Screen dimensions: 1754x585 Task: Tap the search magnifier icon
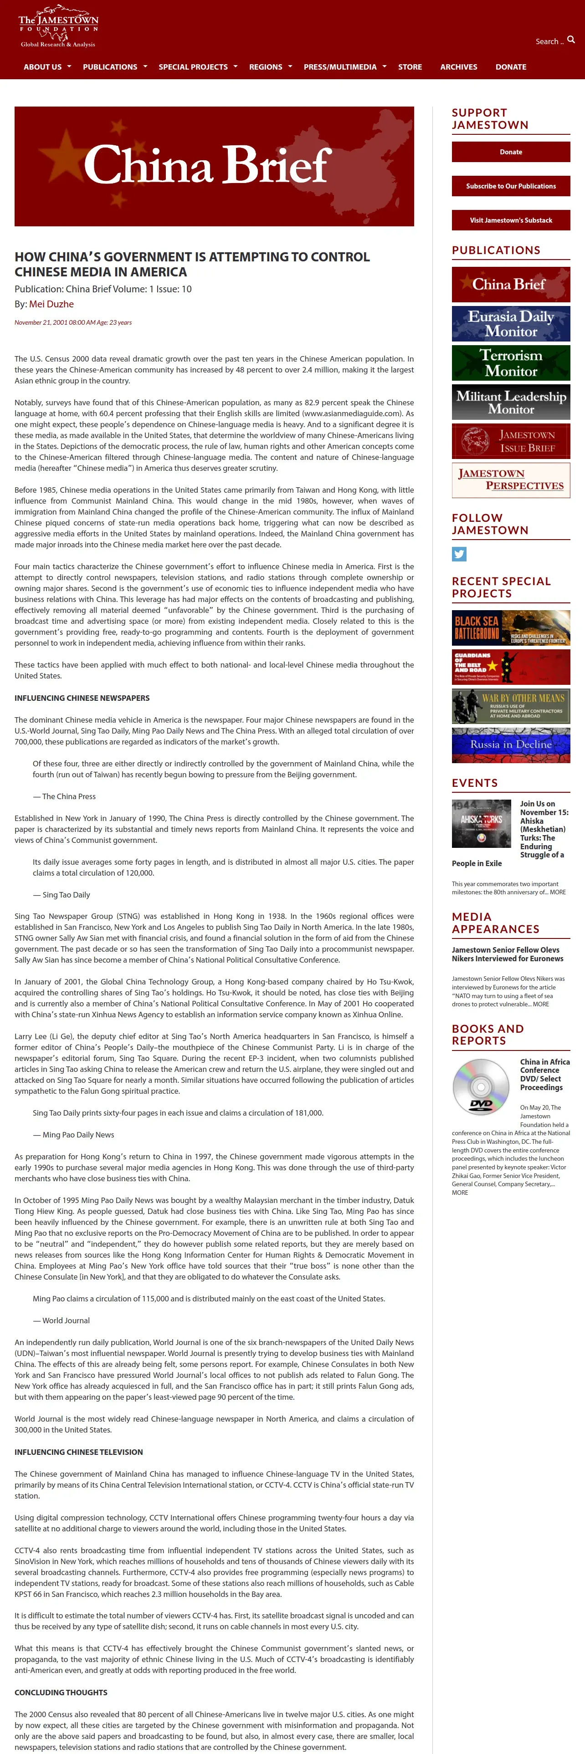pyautogui.click(x=571, y=40)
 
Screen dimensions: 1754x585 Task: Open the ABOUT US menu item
pyautogui.click(x=43, y=67)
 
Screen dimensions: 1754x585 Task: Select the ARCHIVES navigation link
pyautogui.click(x=458, y=67)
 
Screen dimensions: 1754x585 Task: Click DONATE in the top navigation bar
pyautogui.click(x=511, y=67)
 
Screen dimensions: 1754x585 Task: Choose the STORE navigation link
pyautogui.click(x=410, y=67)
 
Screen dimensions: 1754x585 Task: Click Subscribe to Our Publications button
pyautogui.click(x=511, y=186)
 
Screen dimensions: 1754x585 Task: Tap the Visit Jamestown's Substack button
pyautogui.click(x=511, y=220)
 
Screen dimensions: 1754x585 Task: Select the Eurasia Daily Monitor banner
pyautogui.click(x=511, y=323)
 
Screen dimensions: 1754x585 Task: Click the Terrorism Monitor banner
pyautogui.click(x=511, y=363)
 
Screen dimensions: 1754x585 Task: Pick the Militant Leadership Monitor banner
pyautogui.click(x=511, y=402)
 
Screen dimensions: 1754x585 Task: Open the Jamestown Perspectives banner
pyautogui.click(x=511, y=480)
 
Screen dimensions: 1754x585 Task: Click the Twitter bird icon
pyautogui.click(x=459, y=554)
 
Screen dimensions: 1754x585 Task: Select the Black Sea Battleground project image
pyautogui.click(x=511, y=628)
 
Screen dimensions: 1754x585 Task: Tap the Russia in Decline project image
pyautogui.click(x=511, y=745)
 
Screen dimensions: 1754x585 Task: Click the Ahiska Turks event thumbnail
pyautogui.click(x=481, y=823)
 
